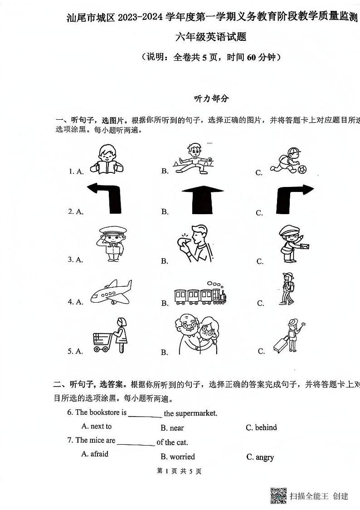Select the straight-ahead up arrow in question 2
point(202,200)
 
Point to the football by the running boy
point(302,169)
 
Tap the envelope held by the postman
point(303,245)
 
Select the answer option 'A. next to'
point(96,426)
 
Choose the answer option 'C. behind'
point(261,427)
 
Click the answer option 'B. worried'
point(178,456)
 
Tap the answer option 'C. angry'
point(260,457)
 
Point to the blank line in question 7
point(136,443)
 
